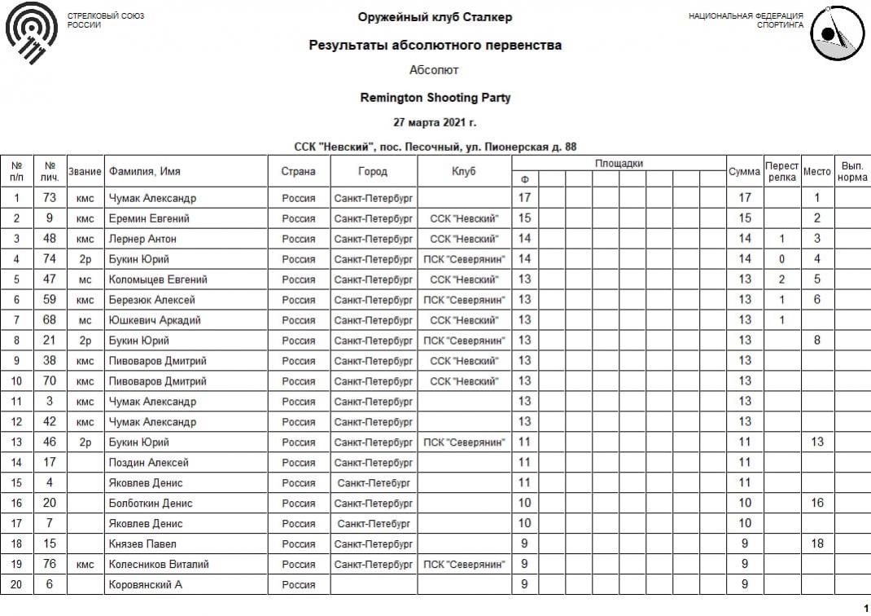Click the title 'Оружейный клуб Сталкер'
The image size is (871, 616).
435,17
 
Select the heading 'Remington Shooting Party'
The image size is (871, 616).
435,98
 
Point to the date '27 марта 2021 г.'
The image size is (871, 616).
435,122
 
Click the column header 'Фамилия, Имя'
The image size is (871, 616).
145,171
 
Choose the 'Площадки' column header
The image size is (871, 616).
619,163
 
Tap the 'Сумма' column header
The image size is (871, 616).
744,171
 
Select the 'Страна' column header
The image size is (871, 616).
299,171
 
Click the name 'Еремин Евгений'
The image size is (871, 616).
149,218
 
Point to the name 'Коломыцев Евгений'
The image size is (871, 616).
158,279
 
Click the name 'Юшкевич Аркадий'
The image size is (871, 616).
155,320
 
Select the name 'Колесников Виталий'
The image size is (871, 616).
159,564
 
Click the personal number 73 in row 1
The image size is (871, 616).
49,198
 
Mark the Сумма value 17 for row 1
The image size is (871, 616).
744,198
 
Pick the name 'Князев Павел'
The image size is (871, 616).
142,543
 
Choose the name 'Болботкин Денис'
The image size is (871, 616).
151,503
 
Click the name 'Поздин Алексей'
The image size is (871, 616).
149,462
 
